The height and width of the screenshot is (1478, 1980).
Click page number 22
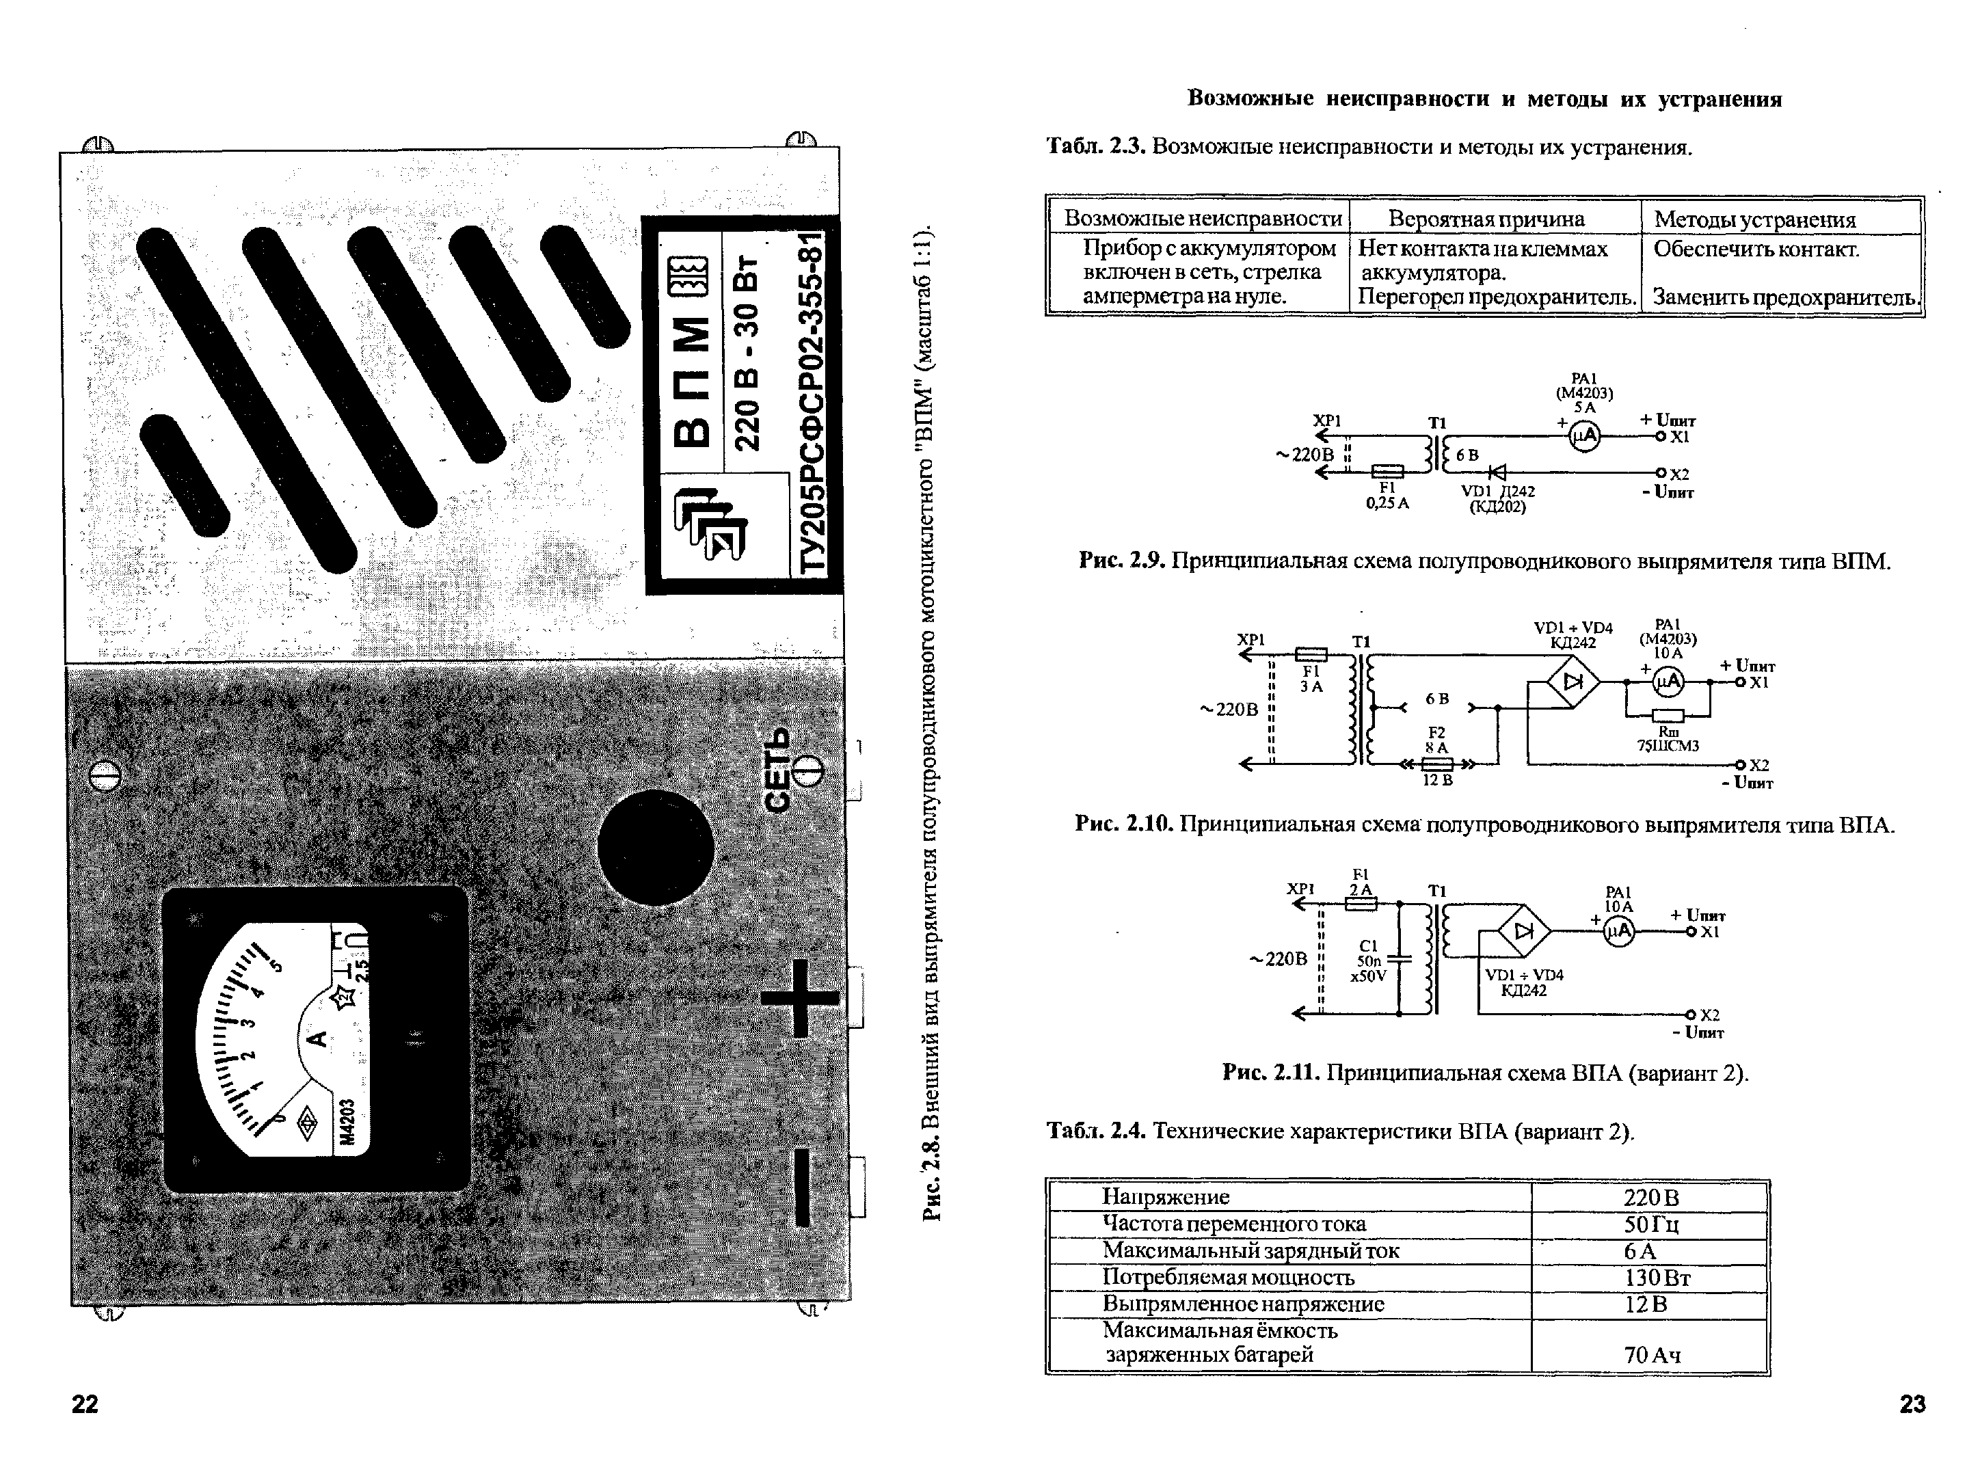click(84, 1403)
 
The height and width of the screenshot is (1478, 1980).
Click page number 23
click(1912, 1403)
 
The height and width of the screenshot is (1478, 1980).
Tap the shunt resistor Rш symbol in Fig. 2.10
click(1668, 715)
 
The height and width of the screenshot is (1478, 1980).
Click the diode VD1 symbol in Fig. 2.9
click(1495, 472)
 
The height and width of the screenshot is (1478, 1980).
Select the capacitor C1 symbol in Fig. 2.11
click(1398, 958)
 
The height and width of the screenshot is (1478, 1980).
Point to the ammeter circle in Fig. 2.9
click(1585, 435)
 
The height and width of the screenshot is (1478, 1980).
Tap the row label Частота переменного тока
click(1234, 1224)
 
